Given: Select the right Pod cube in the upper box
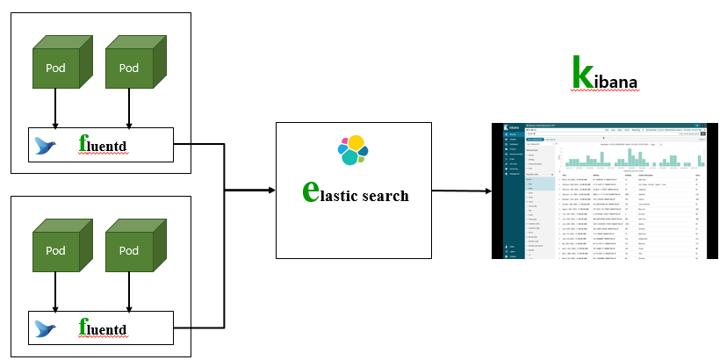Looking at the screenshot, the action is click(x=128, y=67).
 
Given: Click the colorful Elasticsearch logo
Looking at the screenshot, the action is click(x=353, y=150).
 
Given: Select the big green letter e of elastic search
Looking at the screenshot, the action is click(x=309, y=191).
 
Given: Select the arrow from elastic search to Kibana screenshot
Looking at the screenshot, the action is click(x=461, y=190).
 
